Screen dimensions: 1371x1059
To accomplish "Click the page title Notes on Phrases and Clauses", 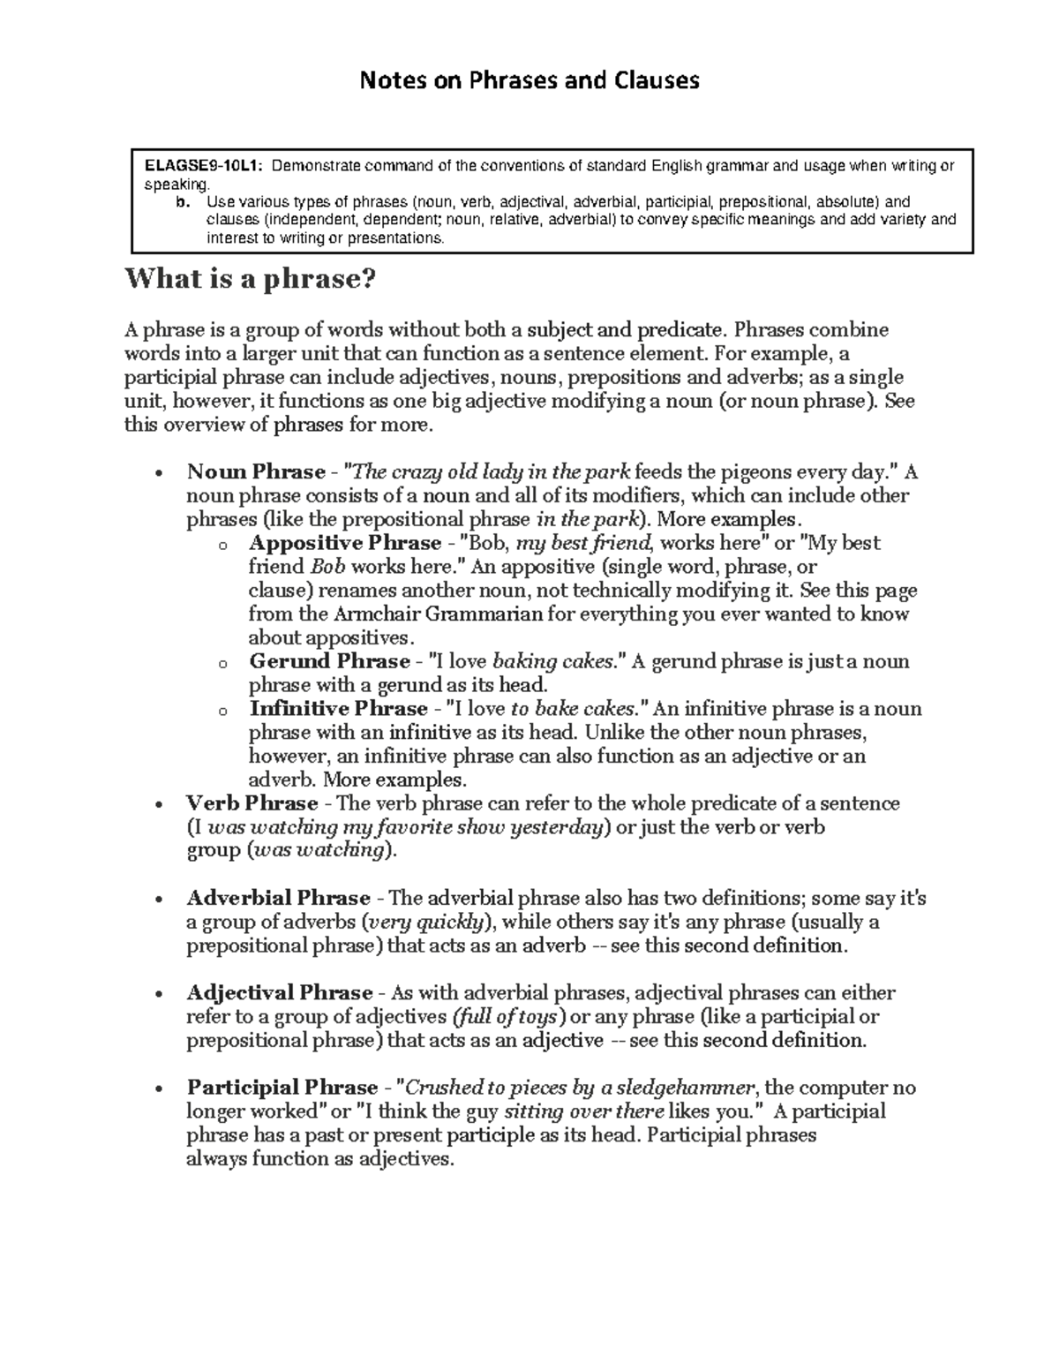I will click(x=529, y=81).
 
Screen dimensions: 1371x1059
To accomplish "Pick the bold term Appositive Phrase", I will click(x=345, y=543).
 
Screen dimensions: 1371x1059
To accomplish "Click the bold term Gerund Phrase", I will click(x=330, y=661).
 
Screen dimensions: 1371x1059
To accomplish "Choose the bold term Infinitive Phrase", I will click(x=338, y=709).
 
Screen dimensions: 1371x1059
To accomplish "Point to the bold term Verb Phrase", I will click(x=252, y=803).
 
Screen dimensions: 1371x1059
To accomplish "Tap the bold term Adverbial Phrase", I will click(x=278, y=898).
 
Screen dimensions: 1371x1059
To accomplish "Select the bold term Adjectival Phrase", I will click(x=280, y=992).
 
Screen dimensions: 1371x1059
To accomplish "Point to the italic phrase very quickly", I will click(x=427, y=922).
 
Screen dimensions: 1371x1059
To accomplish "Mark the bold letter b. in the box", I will click(x=182, y=202).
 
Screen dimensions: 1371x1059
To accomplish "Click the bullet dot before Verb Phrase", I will click(x=158, y=804).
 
